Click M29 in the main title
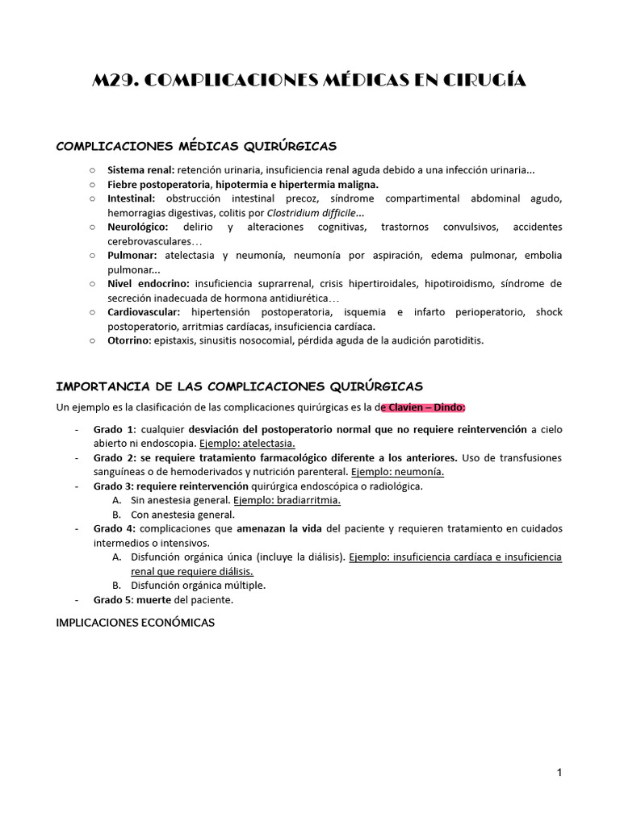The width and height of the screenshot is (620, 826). coord(117,80)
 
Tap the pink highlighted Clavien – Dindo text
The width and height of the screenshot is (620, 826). coord(425,407)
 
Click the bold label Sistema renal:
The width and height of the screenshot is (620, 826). coord(140,170)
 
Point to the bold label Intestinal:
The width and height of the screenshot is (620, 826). coord(132,198)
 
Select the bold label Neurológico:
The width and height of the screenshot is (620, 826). coord(138,227)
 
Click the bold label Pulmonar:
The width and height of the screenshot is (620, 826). coord(132,255)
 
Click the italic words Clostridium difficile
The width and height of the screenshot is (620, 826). coord(315,213)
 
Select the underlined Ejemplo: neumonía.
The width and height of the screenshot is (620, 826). coord(397,471)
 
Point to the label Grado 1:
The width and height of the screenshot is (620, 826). coord(115,429)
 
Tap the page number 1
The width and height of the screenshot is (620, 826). coord(559,773)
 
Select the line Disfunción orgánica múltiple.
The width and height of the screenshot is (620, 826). coord(198,585)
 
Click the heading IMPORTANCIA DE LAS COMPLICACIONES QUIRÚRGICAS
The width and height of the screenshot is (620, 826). coord(239,386)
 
